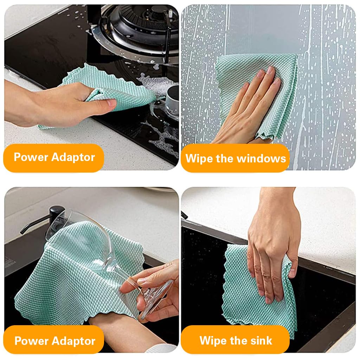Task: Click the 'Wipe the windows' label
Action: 235,158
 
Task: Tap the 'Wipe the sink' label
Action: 235,340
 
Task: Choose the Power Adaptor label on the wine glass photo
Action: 54,340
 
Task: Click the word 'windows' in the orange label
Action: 261,159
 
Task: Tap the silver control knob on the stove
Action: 172,100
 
